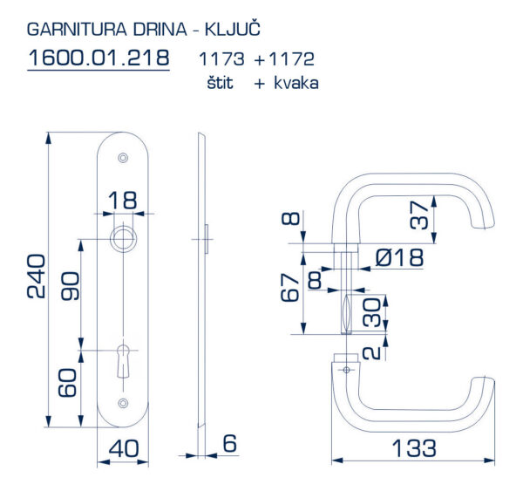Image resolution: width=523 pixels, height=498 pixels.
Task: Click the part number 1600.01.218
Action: (x=98, y=58)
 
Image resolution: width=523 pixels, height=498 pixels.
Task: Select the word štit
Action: (x=220, y=83)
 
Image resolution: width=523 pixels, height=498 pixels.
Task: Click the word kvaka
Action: (x=296, y=83)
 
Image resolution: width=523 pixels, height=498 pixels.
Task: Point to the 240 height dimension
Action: (x=36, y=276)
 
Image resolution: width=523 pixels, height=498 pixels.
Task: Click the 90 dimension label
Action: (x=70, y=286)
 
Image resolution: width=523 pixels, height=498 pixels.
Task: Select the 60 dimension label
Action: (x=67, y=383)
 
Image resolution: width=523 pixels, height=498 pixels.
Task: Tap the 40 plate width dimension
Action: (x=124, y=448)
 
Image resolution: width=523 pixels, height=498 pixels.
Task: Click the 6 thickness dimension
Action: (x=230, y=443)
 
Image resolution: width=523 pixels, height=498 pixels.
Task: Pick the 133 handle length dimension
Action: (x=414, y=448)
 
